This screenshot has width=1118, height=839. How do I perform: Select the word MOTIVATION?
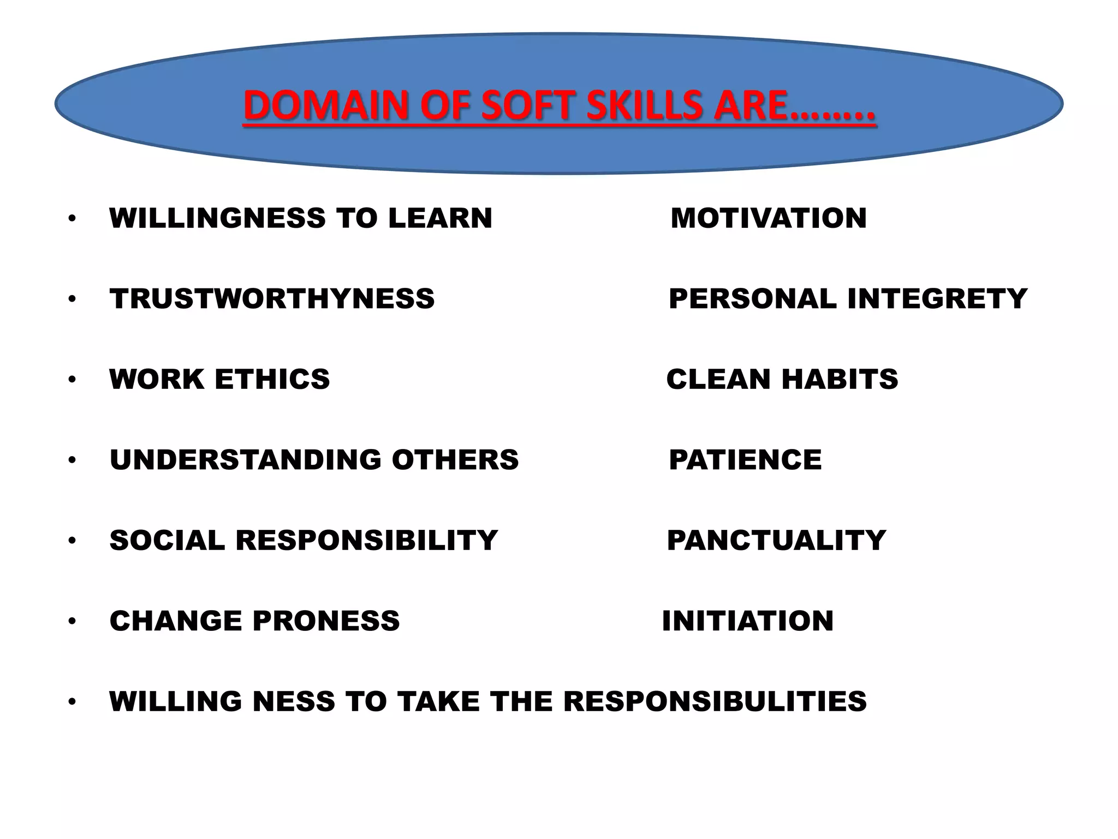coord(769,218)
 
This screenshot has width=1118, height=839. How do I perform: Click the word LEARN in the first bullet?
coord(440,218)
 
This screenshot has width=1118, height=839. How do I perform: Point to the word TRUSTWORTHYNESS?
coord(272,299)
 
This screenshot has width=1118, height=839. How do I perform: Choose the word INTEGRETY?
coord(937,299)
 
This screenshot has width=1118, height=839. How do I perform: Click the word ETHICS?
coord(272,379)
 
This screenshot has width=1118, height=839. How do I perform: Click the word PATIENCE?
coord(745,459)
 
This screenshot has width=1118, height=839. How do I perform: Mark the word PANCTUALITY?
coord(776,540)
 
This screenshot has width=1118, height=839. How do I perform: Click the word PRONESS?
coord(326,621)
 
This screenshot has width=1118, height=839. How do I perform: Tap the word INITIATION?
coord(748,621)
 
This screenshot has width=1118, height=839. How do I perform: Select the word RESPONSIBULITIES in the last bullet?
coord(715,701)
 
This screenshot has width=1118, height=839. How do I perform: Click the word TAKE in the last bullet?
coord(438,701)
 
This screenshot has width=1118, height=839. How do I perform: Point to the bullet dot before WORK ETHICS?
coord(72,379)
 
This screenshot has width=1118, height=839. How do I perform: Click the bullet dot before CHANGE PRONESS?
coord(72,621)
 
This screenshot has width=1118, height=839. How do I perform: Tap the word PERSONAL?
coord(753,299)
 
